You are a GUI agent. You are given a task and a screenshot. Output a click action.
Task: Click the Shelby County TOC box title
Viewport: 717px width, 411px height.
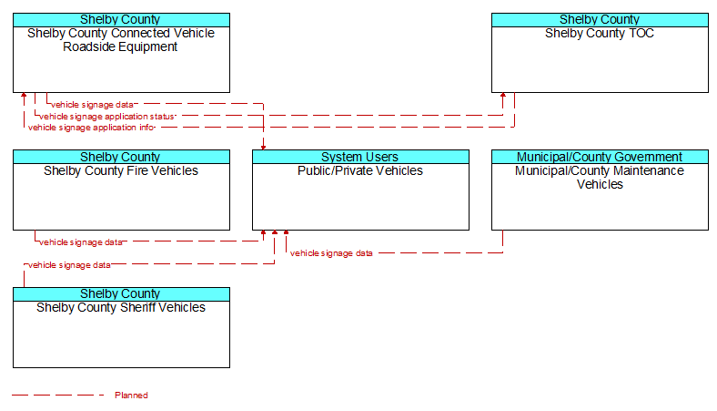coord(600,34)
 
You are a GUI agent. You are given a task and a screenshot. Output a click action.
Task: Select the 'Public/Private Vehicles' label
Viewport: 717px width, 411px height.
coord(360,171)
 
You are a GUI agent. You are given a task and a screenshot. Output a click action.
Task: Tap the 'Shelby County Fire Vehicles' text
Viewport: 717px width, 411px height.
coord(121,171)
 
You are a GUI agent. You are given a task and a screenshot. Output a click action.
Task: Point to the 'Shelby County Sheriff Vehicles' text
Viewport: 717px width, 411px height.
coord(121,307)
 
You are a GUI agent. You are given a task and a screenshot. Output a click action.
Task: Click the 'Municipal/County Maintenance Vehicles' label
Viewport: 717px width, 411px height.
coord(600,178)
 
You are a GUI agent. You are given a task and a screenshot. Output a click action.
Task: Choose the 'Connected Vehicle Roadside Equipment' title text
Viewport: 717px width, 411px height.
coord(121,40)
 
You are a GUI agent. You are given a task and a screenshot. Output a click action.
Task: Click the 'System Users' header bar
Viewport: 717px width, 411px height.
coord(360,157)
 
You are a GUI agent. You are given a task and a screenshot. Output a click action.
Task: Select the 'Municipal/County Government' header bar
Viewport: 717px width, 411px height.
coord(600,157)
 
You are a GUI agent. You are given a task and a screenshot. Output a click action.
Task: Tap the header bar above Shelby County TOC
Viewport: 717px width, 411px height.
coord(600,20)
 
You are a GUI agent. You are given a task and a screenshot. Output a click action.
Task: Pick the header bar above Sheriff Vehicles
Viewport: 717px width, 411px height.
coord(121,293)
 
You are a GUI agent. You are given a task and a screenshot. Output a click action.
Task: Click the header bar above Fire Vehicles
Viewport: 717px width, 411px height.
coord(121,157)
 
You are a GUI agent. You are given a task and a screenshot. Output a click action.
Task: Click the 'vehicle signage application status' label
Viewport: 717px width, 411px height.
coord(107,117)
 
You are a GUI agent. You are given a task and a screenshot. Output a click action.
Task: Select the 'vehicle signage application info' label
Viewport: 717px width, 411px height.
coord(92,128)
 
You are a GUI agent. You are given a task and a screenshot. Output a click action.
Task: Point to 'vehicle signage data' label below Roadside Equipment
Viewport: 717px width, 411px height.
coord(93,105)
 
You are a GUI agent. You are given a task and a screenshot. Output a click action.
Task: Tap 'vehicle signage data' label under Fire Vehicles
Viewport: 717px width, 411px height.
coord(81,241)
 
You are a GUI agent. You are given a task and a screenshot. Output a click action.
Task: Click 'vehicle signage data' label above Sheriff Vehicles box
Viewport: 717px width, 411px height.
coord(69,265)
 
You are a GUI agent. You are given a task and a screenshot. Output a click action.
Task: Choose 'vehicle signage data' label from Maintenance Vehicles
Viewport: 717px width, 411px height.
coord(331,253)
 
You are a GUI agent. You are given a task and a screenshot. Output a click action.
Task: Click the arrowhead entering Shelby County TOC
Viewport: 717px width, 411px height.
coord(503,96)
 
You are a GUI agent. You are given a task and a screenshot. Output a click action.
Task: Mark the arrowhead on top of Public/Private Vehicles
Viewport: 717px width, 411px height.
coord(263,147)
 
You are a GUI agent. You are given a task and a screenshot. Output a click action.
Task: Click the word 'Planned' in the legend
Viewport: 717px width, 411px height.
coord(131,395)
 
